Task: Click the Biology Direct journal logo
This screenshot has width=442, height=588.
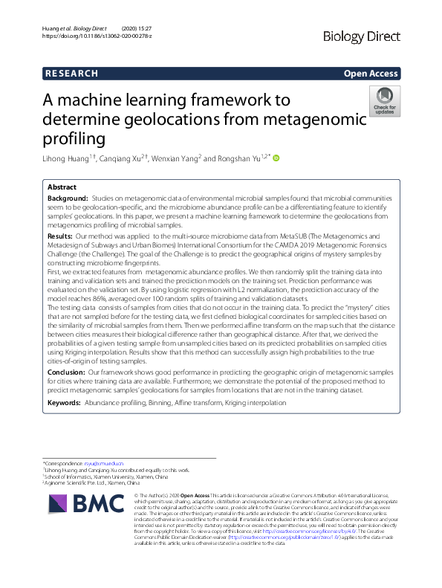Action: click(362, 36)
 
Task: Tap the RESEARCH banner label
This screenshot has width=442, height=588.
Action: click(71, 74)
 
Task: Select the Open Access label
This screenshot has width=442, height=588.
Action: click(370, 74)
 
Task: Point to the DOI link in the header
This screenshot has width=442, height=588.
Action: click(97, 36)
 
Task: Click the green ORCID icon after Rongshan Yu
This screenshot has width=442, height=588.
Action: click(276, 157)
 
